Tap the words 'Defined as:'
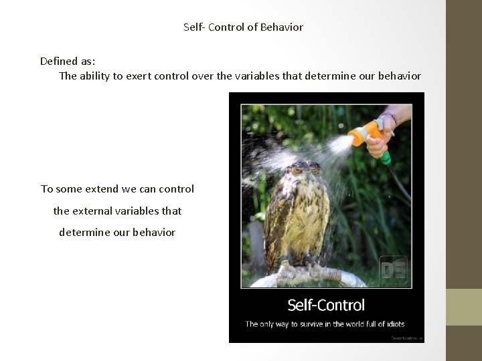point(67,61)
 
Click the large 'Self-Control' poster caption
point(326,306)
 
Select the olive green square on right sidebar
point(464,307)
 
